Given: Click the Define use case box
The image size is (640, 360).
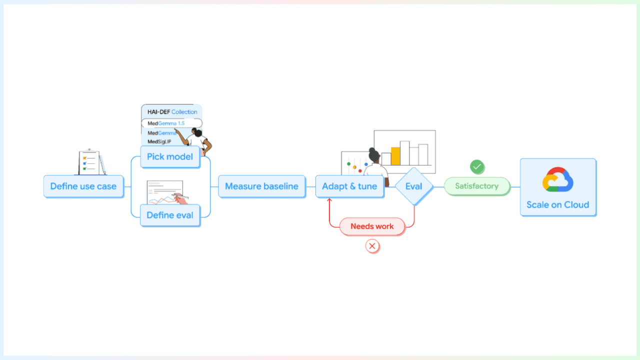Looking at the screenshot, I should click(83, 186).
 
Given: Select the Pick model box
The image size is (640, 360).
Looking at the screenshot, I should click(170, 157).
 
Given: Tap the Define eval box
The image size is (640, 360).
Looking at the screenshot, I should click(170, 215).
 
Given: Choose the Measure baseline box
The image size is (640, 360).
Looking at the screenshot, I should click(261, 186).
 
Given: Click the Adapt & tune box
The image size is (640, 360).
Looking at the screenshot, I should click(349, 186).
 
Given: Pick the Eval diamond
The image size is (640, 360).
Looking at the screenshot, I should click(413, 186).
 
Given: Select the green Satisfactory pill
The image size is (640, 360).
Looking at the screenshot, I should click(476, 186).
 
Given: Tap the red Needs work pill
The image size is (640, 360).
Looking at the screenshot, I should click(372, 226).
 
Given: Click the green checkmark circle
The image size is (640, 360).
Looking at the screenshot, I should click(477, 166).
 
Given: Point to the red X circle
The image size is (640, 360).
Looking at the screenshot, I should click(372, 246).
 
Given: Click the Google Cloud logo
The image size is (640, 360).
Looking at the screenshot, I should click(557, 179).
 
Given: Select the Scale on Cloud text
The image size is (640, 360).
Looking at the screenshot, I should click(557, 204).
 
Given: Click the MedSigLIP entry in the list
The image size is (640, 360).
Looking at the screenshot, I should click(159, 141).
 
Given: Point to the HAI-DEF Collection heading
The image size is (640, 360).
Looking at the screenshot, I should click(172, 112).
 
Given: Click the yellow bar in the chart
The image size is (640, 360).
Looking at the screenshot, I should click(395, 156).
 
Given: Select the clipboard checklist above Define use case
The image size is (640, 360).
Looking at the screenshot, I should click(90, 162).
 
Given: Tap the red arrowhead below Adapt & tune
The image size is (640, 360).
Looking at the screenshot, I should click(329, 200).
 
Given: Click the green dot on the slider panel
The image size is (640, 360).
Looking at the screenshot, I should click(348, 163).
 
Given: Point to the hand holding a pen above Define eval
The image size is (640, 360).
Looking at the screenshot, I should click(180, 199).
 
